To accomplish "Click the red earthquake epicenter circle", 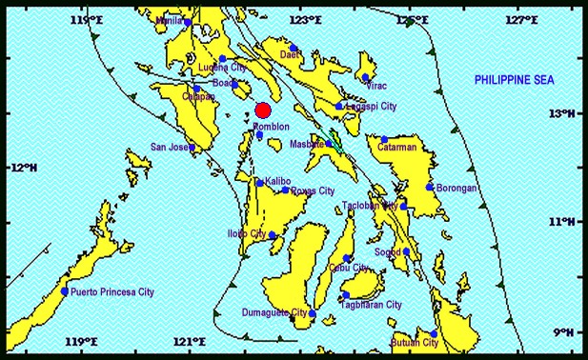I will [x=264, y=110].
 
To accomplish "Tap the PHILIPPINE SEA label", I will [x=515, y=82].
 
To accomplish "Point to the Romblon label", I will [x=272, y=126].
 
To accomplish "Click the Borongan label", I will [x=456, y=189].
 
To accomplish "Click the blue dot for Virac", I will [x=365, y=78].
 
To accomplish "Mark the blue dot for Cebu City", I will [x=347, y=258].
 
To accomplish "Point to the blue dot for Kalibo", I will [x=258, y=182].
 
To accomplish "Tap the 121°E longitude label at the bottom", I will [x=190, y=342].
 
